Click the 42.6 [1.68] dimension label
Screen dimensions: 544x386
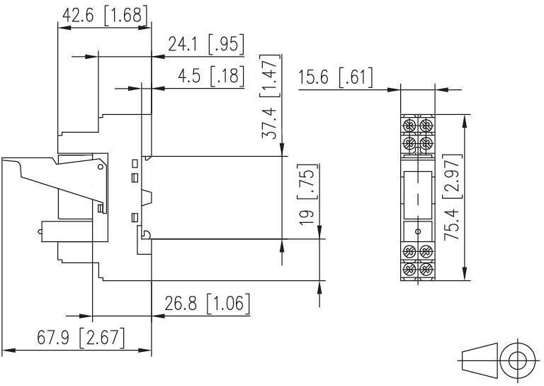pos(105,16)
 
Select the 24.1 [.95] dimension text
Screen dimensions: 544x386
pos(206,44)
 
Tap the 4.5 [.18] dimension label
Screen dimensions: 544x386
pos(211,76)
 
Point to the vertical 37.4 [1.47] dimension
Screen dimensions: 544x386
pos(270,96)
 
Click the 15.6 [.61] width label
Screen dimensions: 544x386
pos(335,77)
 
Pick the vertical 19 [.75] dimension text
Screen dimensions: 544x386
pos(307,194)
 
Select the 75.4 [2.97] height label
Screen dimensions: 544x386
pos(453,197)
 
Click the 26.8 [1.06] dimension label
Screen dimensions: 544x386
pos(207,303)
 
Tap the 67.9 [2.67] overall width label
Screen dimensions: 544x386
pos(81,337)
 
